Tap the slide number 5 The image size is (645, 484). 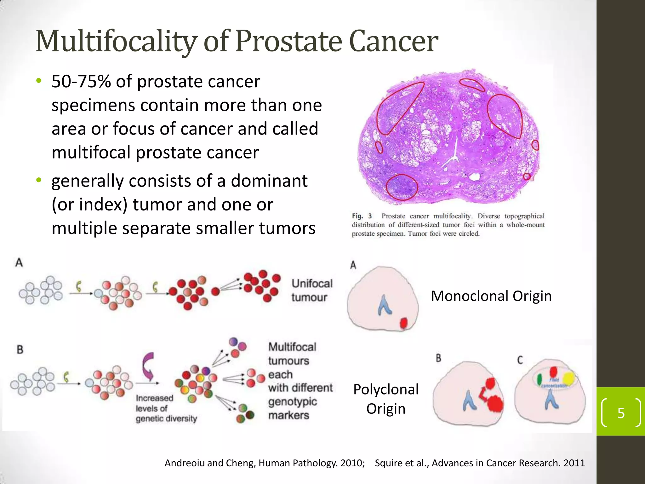621,413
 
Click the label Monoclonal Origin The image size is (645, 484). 491,296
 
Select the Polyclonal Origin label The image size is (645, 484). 386,399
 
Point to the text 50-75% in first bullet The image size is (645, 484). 81,82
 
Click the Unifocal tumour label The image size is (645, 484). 311,290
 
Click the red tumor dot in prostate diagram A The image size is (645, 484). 403,323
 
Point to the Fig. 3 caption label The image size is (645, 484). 362,216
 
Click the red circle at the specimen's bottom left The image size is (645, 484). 402,187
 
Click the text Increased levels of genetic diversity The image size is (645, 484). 166,408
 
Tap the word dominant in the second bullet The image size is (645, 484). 269,181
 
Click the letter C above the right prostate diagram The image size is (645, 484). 520,360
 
